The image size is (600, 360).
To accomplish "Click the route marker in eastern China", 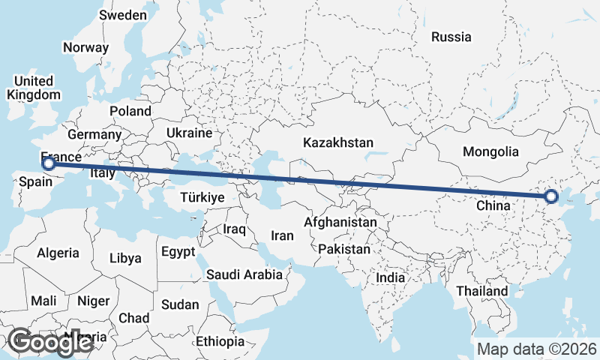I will (552, 196).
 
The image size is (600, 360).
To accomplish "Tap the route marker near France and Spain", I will (48, 163).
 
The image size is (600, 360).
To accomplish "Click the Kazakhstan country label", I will (338, 142).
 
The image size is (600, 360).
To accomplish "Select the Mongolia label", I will (490, 151).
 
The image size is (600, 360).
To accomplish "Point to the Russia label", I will (451, 36).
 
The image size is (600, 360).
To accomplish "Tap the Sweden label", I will (123, 15).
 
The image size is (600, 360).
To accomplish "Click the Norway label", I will (86, 47).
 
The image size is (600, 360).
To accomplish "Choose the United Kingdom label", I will (34, 88).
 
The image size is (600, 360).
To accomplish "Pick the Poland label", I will (130, 111).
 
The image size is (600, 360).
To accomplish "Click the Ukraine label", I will (190, 133).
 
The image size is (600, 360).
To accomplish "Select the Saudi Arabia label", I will (245, 274).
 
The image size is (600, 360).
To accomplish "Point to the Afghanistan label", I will (340, 223).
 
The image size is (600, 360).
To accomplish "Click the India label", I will (390, 277).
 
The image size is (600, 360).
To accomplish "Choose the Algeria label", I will (58, 253).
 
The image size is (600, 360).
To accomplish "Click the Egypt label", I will (178, 251).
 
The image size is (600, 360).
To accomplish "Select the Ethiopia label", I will (220, 341).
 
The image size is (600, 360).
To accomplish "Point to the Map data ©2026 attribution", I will (537, 349).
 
